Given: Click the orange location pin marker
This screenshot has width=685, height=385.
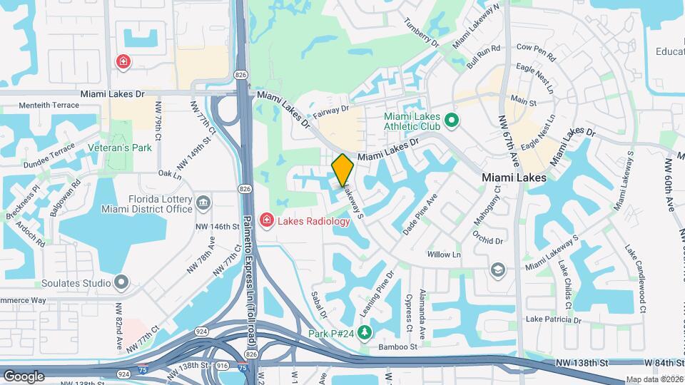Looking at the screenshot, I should point(342,170).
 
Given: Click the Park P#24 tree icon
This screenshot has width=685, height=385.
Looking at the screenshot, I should point(365,333).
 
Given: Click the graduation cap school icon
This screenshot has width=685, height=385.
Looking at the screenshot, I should point(497,269).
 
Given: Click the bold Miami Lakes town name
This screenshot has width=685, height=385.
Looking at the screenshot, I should point(514,178).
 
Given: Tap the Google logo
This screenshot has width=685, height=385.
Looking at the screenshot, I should point(24,376).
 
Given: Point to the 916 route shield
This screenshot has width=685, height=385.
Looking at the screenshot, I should point(221,365).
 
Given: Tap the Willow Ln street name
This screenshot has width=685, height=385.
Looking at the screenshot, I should point(443,255).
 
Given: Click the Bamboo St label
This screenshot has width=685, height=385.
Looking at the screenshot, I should point(397,346).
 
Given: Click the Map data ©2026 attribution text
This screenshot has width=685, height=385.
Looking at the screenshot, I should point(654,379).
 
